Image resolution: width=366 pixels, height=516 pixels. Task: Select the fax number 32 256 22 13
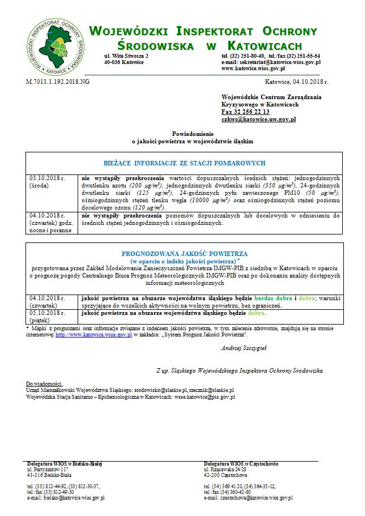[245, 112]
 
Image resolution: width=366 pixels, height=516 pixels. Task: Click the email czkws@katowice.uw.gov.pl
[258, 120]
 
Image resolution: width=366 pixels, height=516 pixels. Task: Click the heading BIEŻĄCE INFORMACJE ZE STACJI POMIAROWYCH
[184, 163]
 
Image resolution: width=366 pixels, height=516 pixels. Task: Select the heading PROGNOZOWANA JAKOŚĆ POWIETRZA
[182, 254]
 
